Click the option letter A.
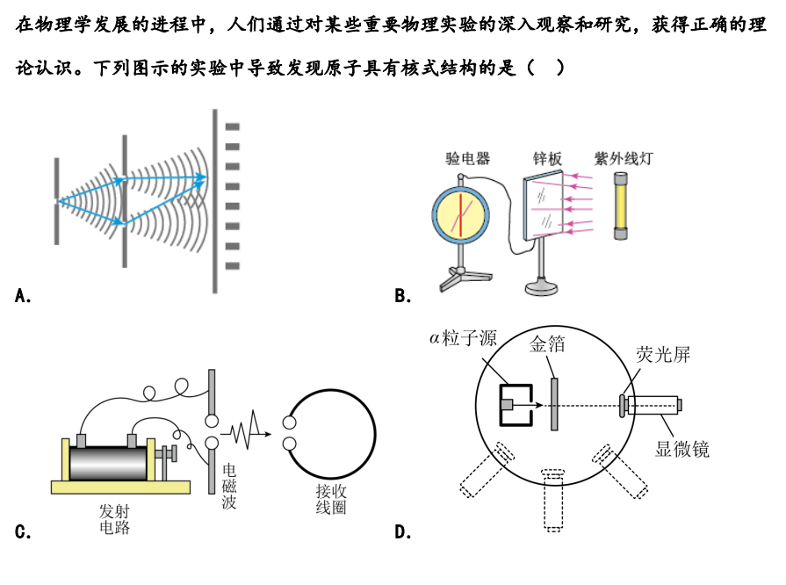pos(23,296)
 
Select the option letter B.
pos(403,296)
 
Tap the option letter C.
pos(23,531)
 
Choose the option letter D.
pos(403,531)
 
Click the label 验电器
pos(467,158)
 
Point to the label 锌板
pos(547,158)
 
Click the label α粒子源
pos(463,338)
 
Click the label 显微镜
pos(682,450)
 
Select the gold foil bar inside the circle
pos(554,404)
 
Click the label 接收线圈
pos(331,499)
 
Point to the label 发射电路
pos(114,519)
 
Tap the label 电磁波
pos(229,486)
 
